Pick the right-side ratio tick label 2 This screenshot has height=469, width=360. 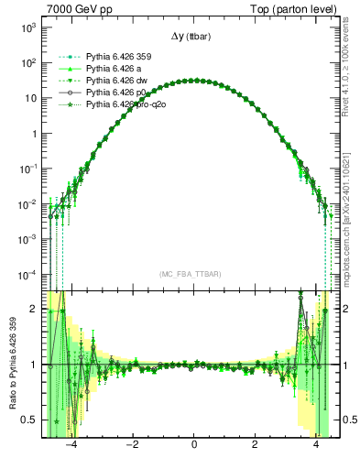click(349, 310)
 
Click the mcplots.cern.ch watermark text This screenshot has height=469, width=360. click(349, 220)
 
